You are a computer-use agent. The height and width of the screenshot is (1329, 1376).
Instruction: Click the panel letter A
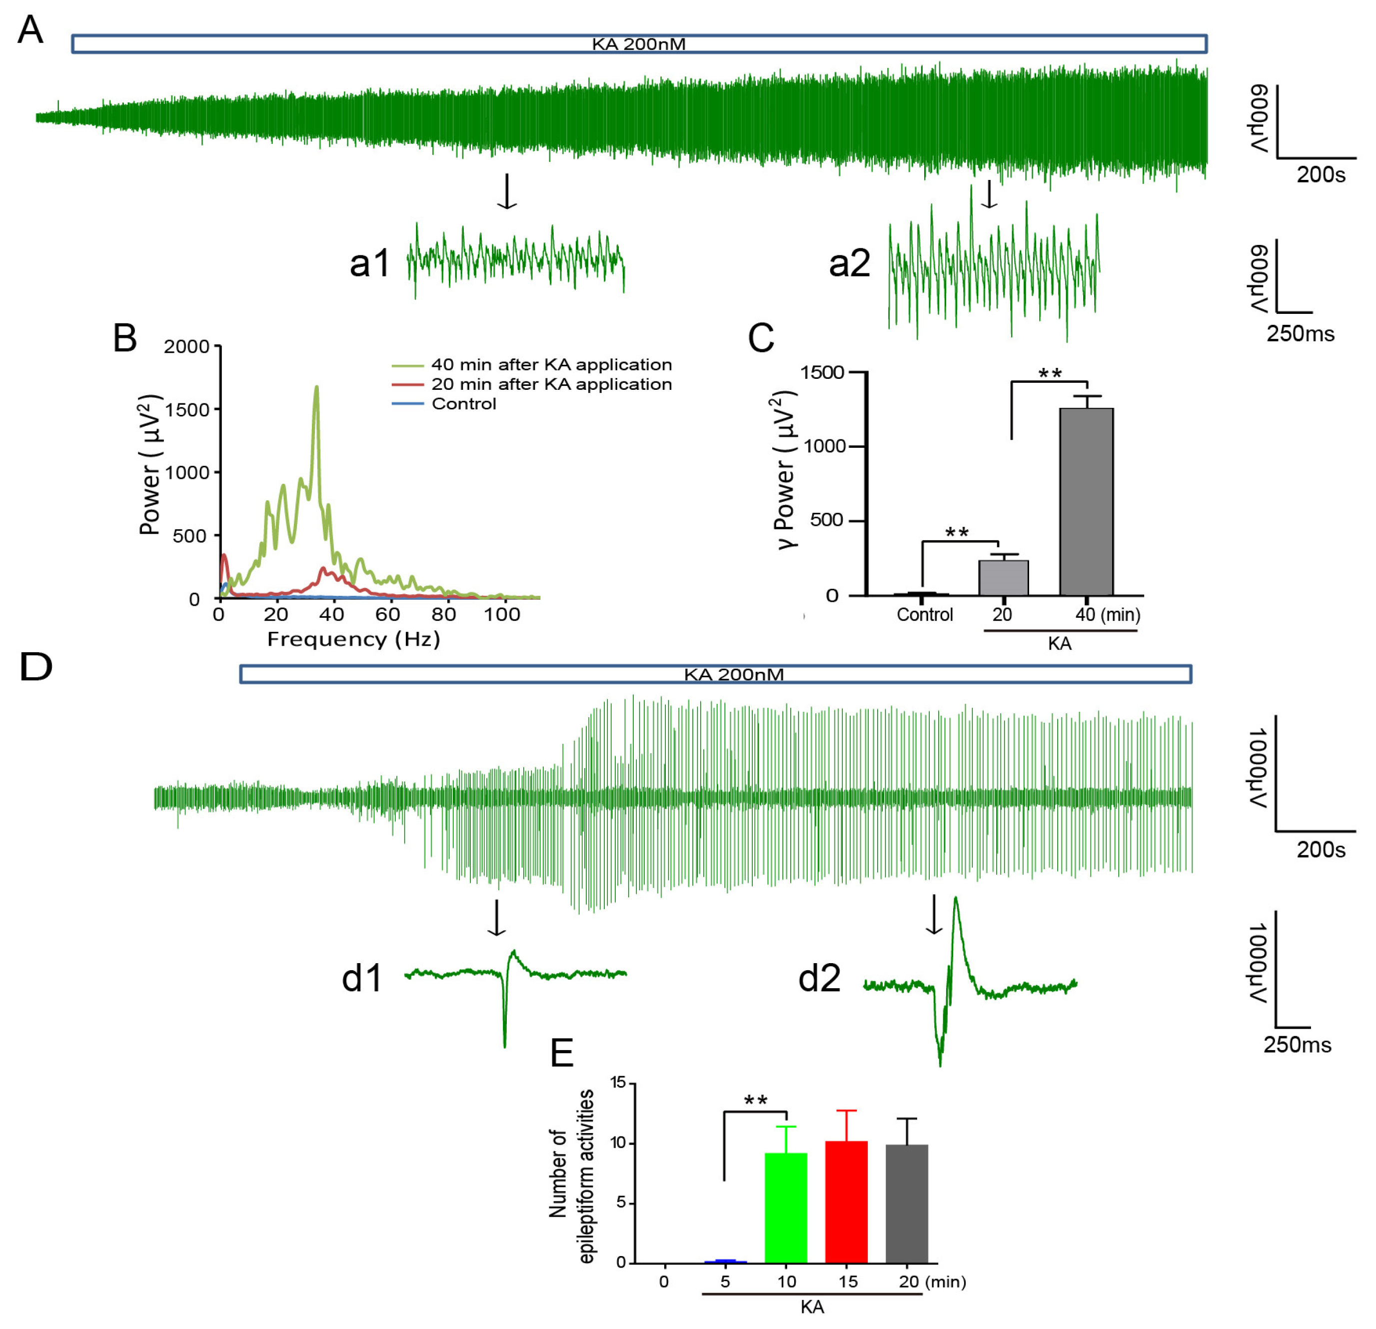pyautogui.click(x=29, y=30)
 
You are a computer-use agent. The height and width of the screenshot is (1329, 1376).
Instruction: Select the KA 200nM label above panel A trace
pyautogui.click(x=638, y=44)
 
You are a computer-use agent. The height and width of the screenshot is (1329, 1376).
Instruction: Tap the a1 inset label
pyautogui.click(x=369, y=263)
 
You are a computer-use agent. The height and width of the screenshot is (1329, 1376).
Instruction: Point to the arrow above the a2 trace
pyautogui.click(x=989, y=194)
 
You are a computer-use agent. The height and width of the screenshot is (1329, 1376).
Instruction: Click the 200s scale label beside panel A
pyautogui.click(x=1321, y=174)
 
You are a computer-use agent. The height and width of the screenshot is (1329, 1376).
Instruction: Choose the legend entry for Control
pyautogui.click(x=463, y=404)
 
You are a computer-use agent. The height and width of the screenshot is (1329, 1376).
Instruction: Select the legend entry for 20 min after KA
pyautogui.click(x=551, y=384)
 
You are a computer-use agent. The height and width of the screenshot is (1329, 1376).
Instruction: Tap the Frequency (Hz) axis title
pyautogui.click(x=353, y=639)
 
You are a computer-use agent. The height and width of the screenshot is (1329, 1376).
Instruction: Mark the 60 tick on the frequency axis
pyautogui.click(x=387, y=614)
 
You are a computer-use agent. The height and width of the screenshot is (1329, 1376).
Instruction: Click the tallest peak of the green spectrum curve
pyautogui.click(x=316, y=387)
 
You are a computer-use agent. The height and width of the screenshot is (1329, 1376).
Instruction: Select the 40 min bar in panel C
pyautogui.click(x=1086, y=501)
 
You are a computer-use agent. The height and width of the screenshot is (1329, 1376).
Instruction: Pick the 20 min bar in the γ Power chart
pyautogui.click(x=1003, y=577)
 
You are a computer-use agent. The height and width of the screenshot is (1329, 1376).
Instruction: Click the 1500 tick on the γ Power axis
pyautogui.click(x=822, y=372)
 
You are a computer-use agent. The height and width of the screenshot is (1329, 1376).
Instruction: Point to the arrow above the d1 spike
pyautogui.click(x=496, y=918)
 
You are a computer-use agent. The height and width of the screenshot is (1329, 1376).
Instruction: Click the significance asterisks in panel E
pyautogui.click(x=755, y=1100)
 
